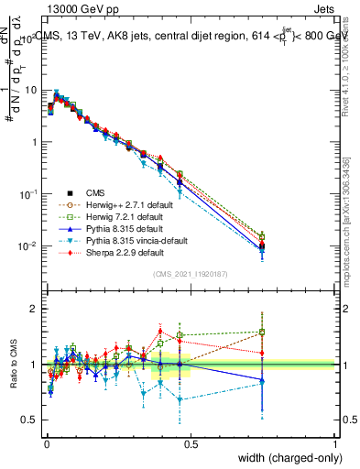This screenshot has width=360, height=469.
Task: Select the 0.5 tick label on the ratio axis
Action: pyautogui.click(x=30, y=420)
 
